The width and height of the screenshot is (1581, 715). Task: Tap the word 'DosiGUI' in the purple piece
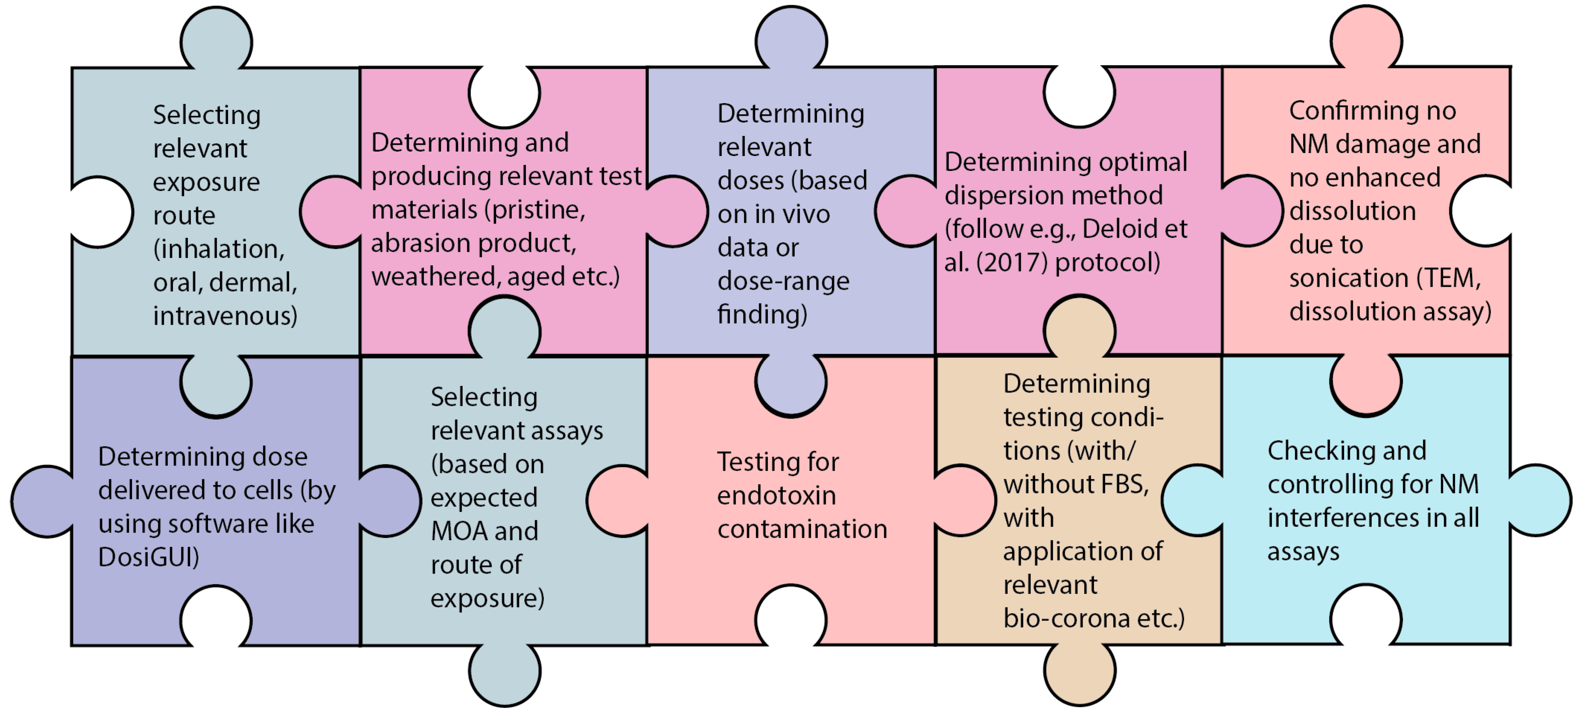[x=149, y=557]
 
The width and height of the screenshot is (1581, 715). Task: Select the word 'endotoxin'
[x=777, y=495]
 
